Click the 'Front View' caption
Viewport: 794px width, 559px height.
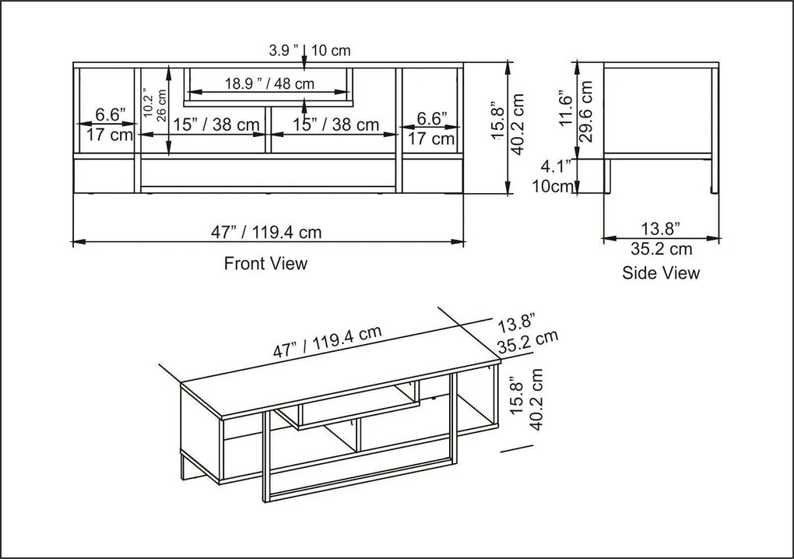pos(265,263)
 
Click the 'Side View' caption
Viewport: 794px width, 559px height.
pos(660,272)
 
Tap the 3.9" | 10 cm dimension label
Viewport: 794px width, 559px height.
pos(310,51)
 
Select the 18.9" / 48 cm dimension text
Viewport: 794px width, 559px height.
pos(269,83)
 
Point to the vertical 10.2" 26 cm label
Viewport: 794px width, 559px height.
pos(155,102)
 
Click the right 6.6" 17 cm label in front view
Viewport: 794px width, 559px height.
pos(431,128)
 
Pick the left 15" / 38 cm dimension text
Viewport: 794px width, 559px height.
pos(216,125)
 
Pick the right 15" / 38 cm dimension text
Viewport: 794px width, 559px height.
pos(336,125)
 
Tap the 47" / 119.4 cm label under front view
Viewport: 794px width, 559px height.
pos(266,232)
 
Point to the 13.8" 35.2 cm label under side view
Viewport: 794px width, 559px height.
pos(660,238)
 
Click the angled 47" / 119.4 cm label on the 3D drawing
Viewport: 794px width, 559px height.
pos(327,342)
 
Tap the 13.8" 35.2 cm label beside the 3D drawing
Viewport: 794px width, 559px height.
pos(526,331)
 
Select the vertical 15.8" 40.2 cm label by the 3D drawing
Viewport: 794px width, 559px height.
pos(527,405)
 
